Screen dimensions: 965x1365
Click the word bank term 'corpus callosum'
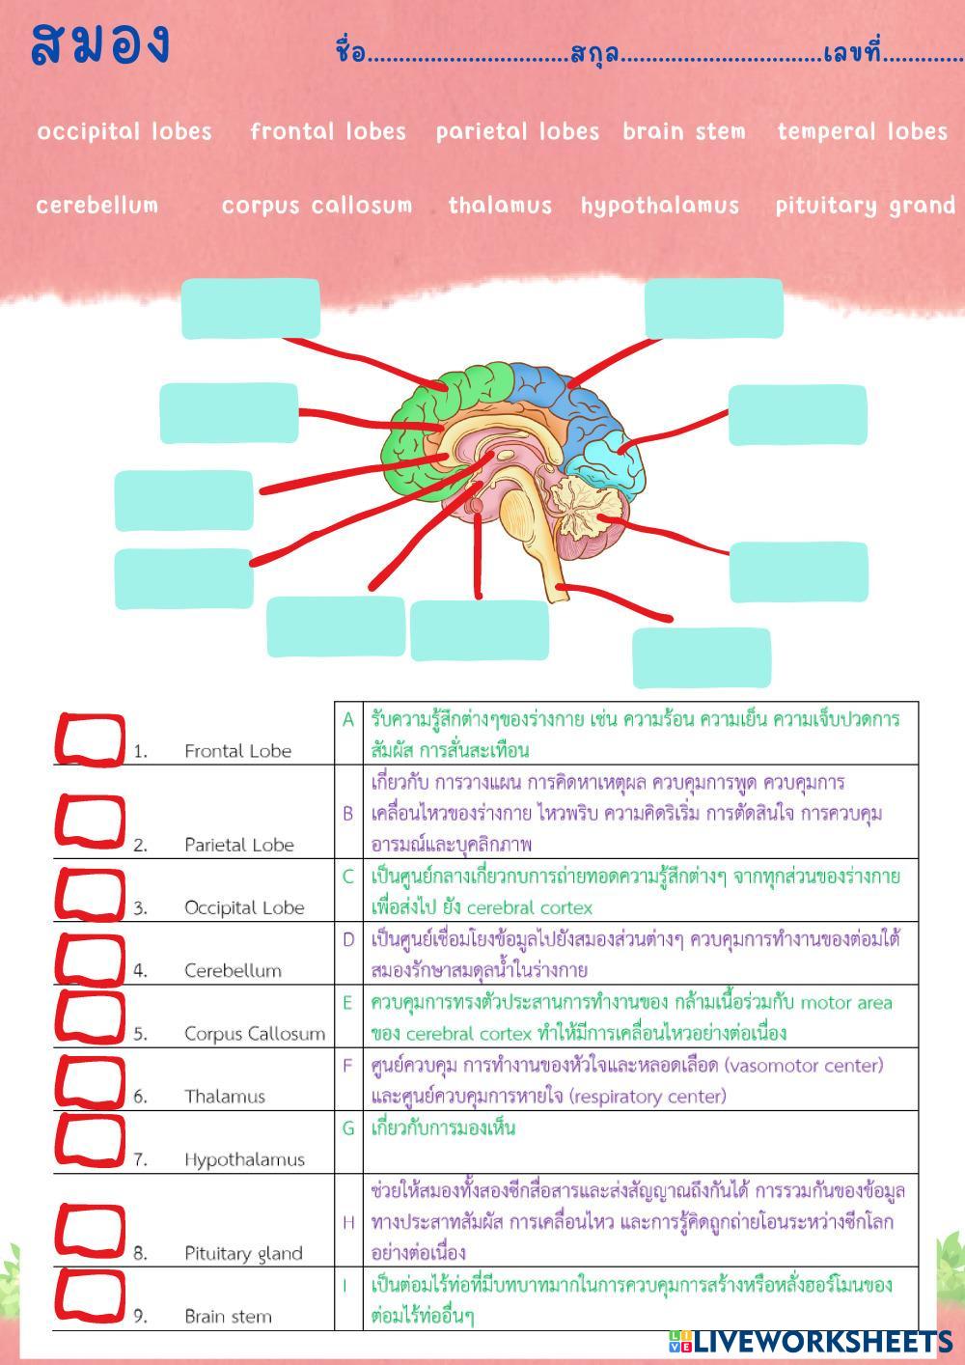(317, 206)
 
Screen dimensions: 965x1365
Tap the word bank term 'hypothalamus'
(660, 206)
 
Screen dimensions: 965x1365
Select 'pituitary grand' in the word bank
(865, 206)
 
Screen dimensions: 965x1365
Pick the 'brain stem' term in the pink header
(684, 131)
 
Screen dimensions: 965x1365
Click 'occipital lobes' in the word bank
(124, 131)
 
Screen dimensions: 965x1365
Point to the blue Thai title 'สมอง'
(100, 44)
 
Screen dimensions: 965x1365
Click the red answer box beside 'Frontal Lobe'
(90, 739)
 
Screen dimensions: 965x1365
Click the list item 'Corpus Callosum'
(255, 1033)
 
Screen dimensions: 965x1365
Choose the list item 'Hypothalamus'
(244, 1159)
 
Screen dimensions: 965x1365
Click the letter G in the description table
(348, 1128)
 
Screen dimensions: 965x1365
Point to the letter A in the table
(348, 719)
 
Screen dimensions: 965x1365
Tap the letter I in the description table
(345, 1285)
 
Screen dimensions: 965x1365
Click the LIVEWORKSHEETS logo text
(821, 1341)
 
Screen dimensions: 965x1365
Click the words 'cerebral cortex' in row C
(529, 907)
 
